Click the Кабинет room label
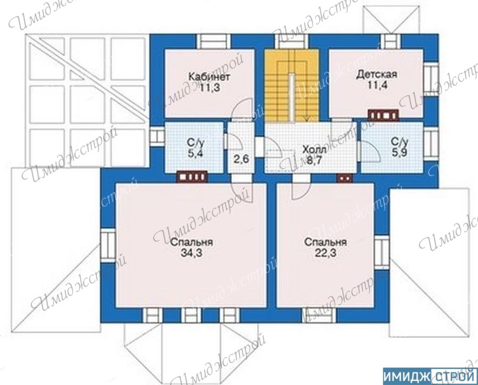[209, 76]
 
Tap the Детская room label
[377, 74]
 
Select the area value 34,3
[192, 252]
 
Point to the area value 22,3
[326, 252]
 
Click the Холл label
[314, 150]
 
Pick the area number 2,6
[242, 159]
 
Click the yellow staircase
[292, 85]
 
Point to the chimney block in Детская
[383, 116]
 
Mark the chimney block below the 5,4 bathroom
[192, 177]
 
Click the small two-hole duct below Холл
[345, 178]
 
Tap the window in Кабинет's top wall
[213, 42]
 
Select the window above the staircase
[291, 42]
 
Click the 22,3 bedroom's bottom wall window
[319, 316]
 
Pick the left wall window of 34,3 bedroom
[108, 246]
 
